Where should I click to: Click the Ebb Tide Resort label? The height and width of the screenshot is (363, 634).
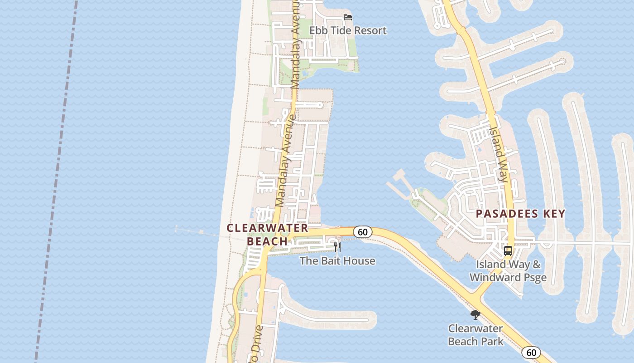(x=348, y=30)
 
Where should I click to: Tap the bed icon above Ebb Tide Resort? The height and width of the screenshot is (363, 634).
(x=348, y=17)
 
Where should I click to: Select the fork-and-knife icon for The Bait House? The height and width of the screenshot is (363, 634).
(x=337, y=247)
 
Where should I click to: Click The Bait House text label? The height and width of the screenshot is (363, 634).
(x=337, y=261)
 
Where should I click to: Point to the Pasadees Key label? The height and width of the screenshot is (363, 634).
(x=520, y=214)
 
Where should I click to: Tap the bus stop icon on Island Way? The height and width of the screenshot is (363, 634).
(x=508, y=251)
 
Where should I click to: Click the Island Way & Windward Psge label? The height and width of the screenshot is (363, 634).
(x=508, y=271)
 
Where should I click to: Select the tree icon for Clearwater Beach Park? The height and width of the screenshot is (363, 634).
(x=475, y=314)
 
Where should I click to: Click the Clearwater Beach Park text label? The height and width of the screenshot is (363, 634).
(x=475, y=334)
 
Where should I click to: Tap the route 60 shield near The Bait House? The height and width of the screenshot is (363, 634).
(x=362, y=232)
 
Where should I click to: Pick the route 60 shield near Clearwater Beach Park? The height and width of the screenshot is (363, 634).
(x=531, y=352)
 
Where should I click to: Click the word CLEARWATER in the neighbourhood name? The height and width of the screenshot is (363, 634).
(x=267, y=228)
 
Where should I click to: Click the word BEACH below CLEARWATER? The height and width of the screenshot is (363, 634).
(x=267, y=241)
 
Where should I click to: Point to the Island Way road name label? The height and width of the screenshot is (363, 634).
(x=499, y=153)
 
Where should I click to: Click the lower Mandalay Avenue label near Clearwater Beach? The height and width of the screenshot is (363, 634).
(x=286, y=161)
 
